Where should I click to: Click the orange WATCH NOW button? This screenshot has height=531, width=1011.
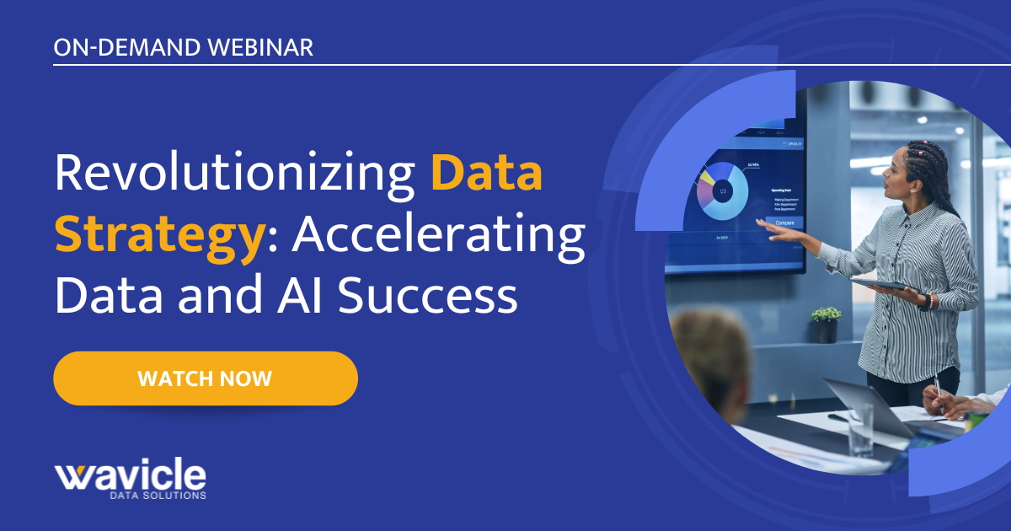click(206, 378)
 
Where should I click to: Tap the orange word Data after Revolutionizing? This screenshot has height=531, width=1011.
click(486, 174)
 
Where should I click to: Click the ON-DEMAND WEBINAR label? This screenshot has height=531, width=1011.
click(183, 47)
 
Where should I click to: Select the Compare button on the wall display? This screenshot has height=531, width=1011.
click(784, 223)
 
